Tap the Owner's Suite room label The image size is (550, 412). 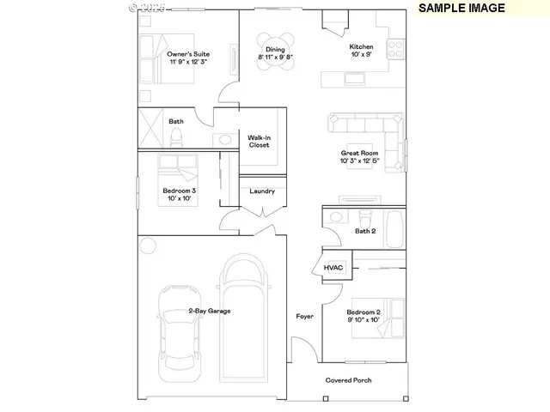188,58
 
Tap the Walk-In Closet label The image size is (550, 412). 259,141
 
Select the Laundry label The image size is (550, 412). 262,191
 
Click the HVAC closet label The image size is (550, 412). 333,268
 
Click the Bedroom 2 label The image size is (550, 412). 363,315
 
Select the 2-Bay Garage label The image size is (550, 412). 210,311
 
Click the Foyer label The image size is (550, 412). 304,317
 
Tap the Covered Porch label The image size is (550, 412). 348,380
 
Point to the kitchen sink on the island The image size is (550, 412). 353,79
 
